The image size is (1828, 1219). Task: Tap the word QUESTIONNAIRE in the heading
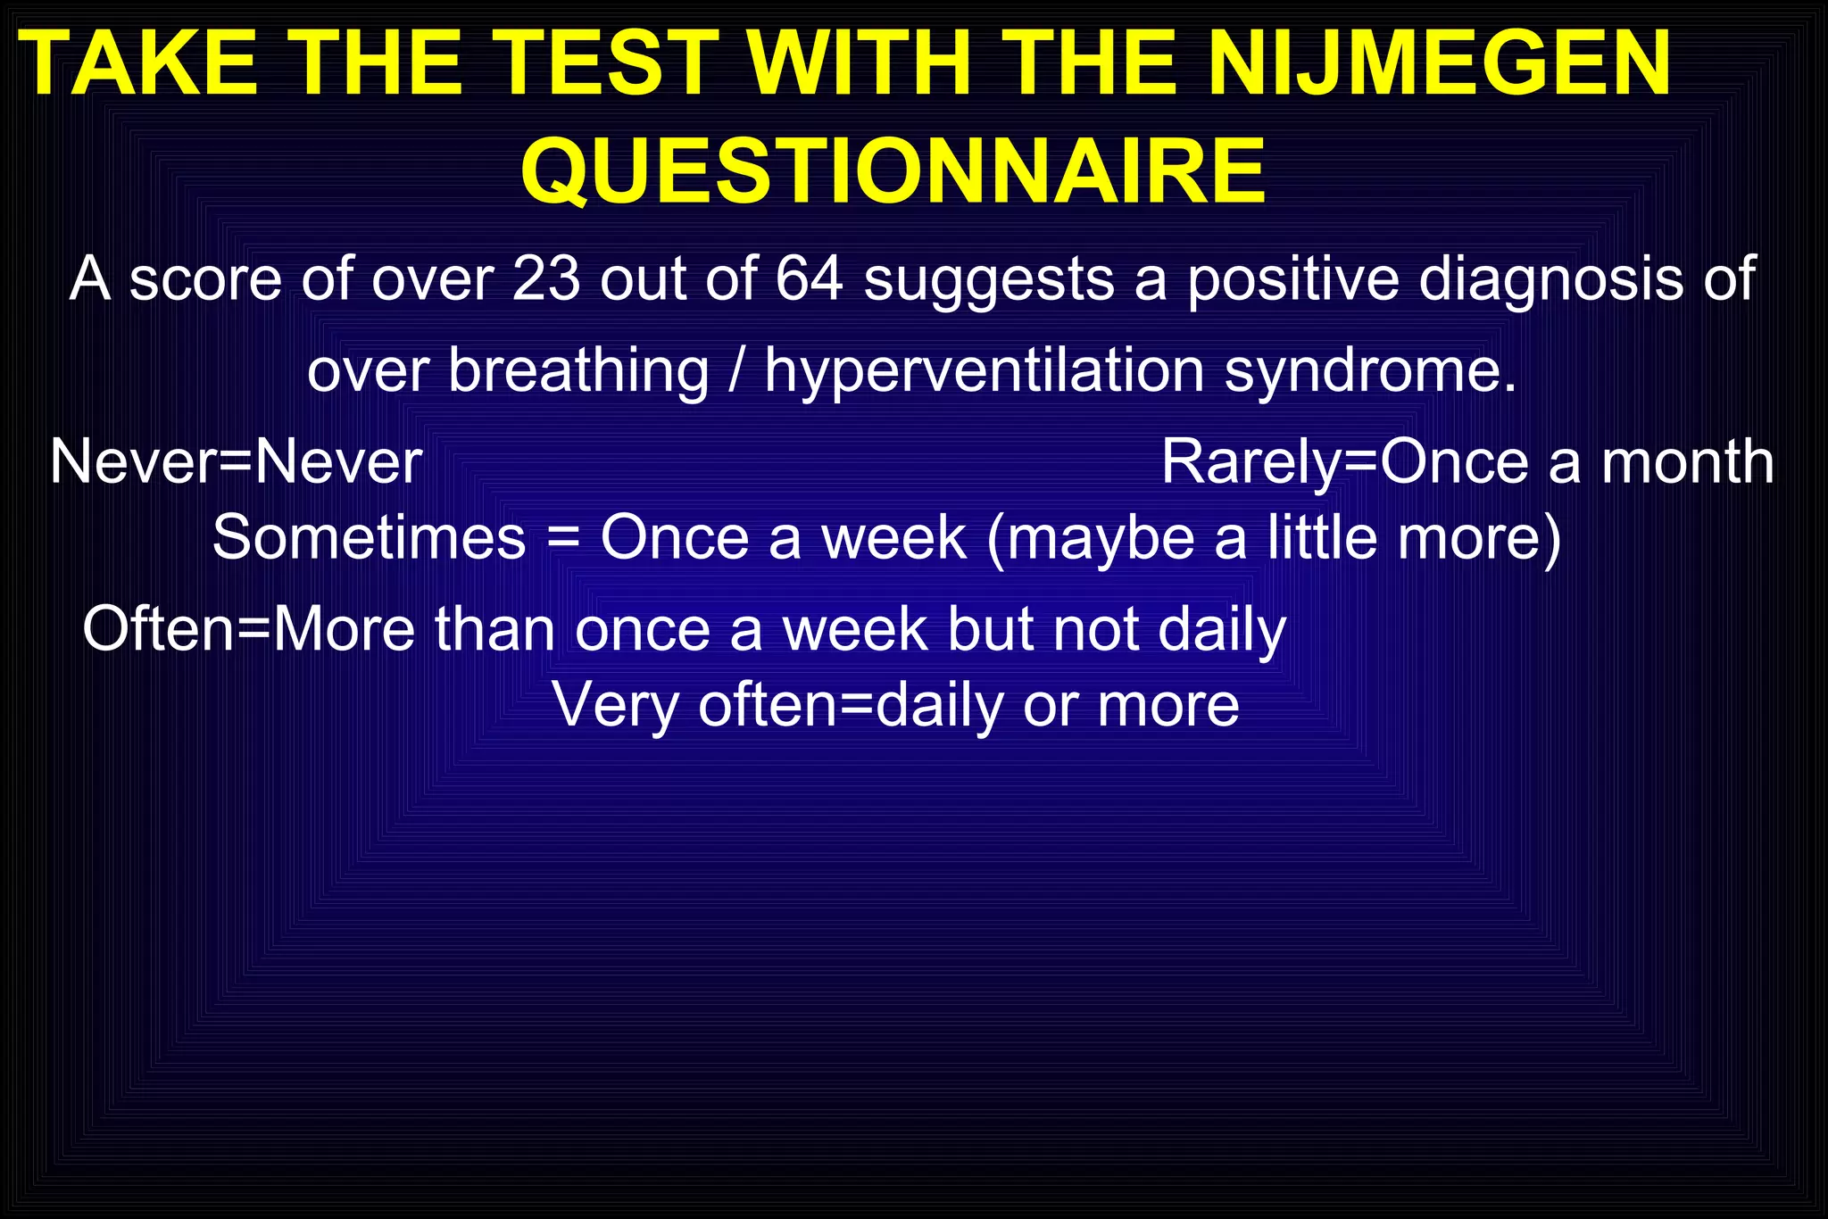tap(893, 171)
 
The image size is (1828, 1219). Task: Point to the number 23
tap(545, 278)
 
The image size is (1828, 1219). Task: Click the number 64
tap(809, 278)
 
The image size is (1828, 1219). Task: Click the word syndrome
tap(1370, 370)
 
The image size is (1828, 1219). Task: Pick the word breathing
tap(578, 370)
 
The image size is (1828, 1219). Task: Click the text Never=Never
tap(236, 462)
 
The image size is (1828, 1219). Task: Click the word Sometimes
tap(369, 538)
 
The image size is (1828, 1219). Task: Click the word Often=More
tap(249, 629)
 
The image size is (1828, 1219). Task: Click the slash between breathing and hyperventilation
tap(736, 370)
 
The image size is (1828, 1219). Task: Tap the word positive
tap(1293, 278)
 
